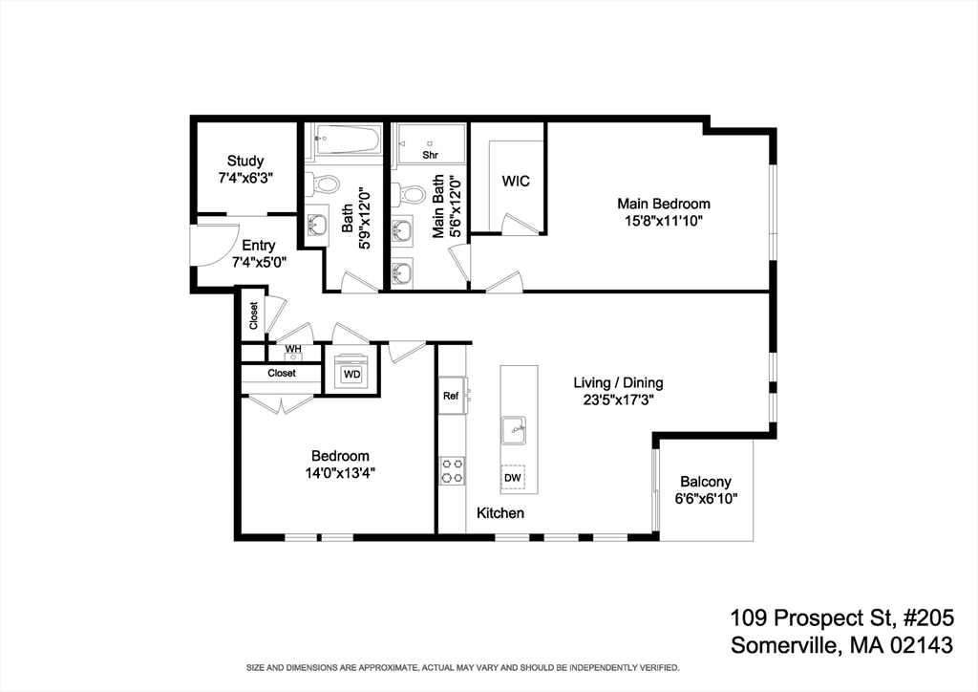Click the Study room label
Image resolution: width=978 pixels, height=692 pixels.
(x=245, y=161)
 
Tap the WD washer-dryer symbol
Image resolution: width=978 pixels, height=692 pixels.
(x=351, y=374)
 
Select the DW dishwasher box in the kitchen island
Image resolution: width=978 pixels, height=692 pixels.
(x=513, y=477)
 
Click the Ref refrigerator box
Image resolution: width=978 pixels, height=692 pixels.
(x=451, y=396)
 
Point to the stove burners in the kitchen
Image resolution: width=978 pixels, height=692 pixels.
(x=452, y=470)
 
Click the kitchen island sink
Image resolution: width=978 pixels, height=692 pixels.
(x=514, y=430)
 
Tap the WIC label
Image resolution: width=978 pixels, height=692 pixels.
(x=516, y=181)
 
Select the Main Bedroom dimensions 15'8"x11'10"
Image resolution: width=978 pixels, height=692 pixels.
(x=664, y=221)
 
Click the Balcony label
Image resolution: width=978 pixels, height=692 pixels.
(x=706, y=482)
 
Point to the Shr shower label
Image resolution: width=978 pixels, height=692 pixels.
(x=430, y=154)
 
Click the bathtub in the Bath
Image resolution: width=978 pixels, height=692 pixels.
(x=348, y=141)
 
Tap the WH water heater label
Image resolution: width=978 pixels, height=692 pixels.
(x=292, y=349)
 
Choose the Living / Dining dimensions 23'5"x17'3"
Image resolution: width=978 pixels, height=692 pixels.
(x=618, y=400)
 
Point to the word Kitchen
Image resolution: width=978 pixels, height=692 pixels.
(x=500, y=513)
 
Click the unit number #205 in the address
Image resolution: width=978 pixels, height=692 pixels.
(x=921, y=616)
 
